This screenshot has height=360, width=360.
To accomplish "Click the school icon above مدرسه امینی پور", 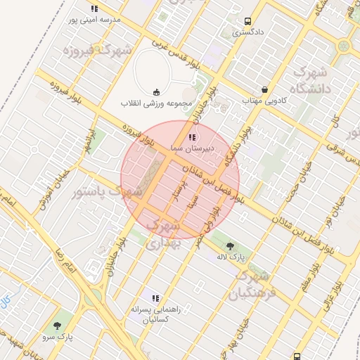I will [x=94, y=8].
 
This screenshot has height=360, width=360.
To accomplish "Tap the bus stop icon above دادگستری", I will [x=247, y=22].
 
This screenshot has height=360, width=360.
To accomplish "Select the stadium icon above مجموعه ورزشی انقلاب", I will [x=156, y=91].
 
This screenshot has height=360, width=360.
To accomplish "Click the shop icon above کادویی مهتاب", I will [x=264, y=90].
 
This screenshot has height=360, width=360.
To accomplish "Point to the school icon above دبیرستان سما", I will [x=192, y=137].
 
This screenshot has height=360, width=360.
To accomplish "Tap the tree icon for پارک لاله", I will [x=231, y=245].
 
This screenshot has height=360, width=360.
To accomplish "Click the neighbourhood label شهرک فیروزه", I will [x=97, y=51].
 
